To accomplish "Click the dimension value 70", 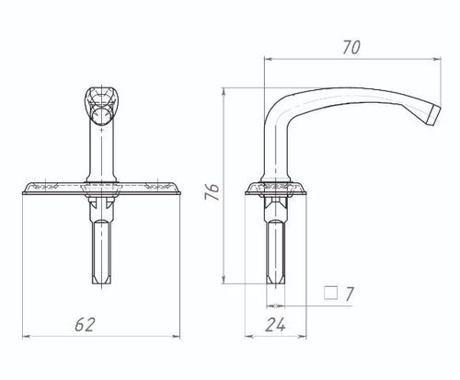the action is (351, 48).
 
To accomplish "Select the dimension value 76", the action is (213, 191).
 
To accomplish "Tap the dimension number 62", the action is (85, 325).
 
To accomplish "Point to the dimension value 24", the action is (275, 325).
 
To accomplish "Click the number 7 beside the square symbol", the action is (350, 294).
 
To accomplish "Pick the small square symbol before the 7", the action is (331, 293).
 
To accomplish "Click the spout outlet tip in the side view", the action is (434, 115).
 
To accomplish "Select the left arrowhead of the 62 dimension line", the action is (27, 337).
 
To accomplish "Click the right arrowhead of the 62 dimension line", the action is (177, 337).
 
